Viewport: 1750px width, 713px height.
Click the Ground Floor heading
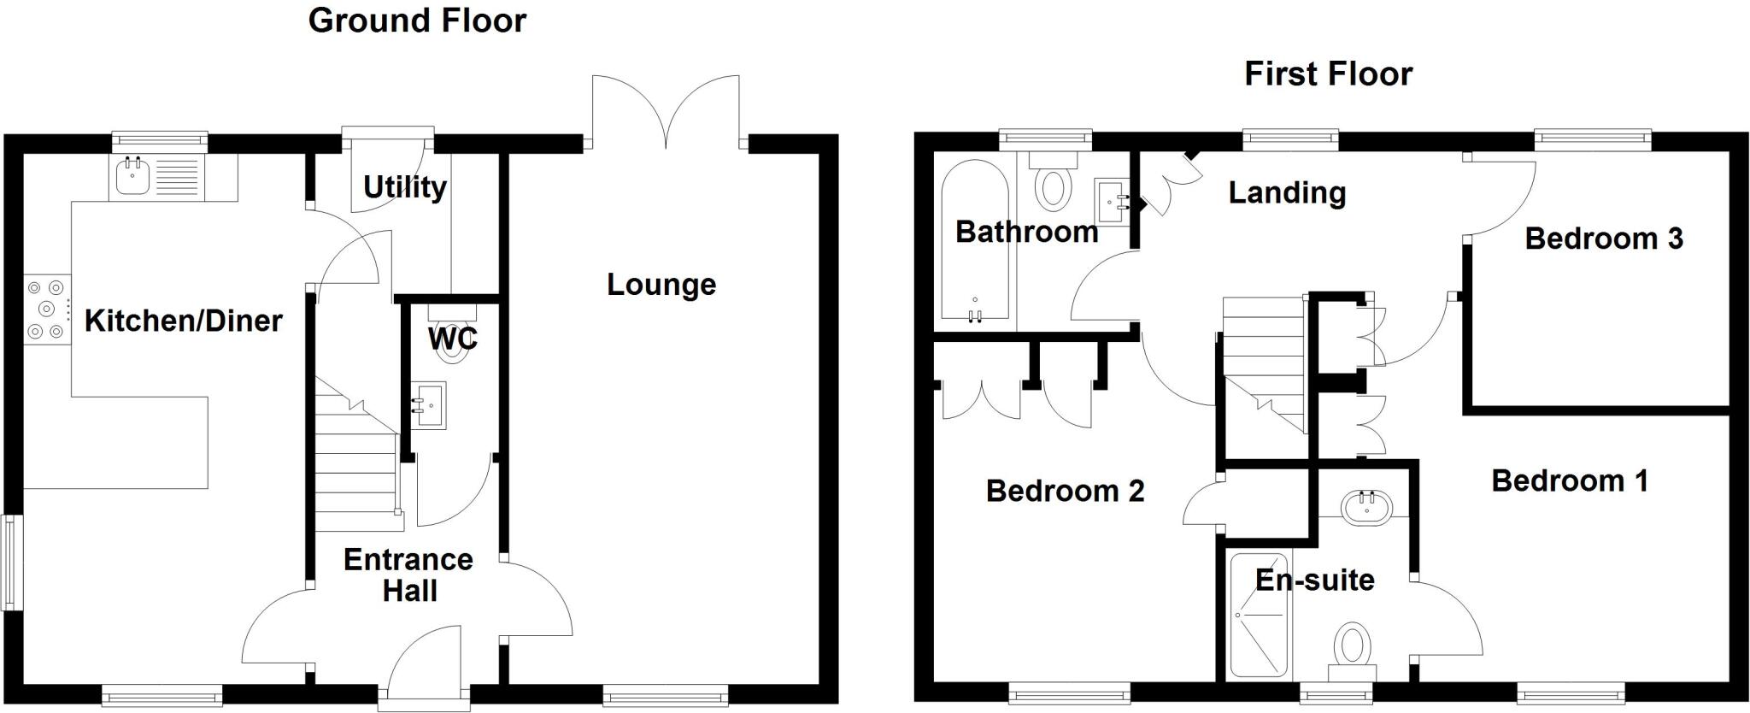pos(417,21)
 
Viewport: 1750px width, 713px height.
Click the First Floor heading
pos(1328,74)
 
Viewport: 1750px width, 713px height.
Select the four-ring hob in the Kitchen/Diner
pos(47,309)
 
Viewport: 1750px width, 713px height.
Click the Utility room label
pos(404,186)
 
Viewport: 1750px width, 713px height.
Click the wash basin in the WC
pos(429,405)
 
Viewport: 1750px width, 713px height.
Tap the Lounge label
pos(661,285)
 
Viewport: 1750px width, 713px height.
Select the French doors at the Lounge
pos(666,111)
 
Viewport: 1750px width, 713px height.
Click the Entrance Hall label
pos(408,575)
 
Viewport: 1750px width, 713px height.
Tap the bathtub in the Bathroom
pos(974,248)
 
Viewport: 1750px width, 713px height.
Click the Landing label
pos(1287,193)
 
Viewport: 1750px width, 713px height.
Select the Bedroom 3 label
pos(1603,239)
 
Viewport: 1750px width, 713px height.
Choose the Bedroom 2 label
pos(1065,491)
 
